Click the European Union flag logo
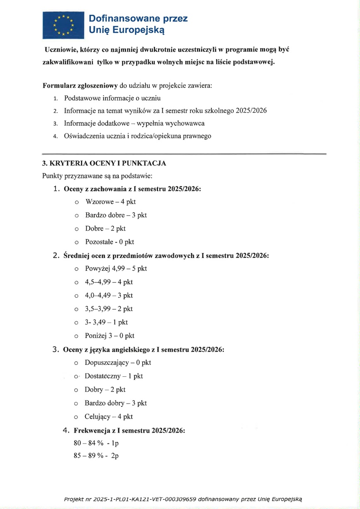tap(62, 25)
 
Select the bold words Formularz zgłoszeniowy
tap(80, 86)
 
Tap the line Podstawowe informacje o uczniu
tap(112, 98)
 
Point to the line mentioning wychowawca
tap(134, 123)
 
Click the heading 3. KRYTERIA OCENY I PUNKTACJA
tap(104, 163)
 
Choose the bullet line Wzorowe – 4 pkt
tap(110, 202)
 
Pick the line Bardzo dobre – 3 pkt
tap(116, 215)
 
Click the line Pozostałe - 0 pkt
tap(109, 242)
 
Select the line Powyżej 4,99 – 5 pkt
tap(116, 268)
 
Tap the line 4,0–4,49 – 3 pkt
tap(109, 295)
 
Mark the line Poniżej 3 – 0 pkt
tap(109, 336)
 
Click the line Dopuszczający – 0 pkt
tap(118, 363)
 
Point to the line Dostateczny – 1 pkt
tap(114, 376)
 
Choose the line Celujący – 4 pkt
tap(109, 416)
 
